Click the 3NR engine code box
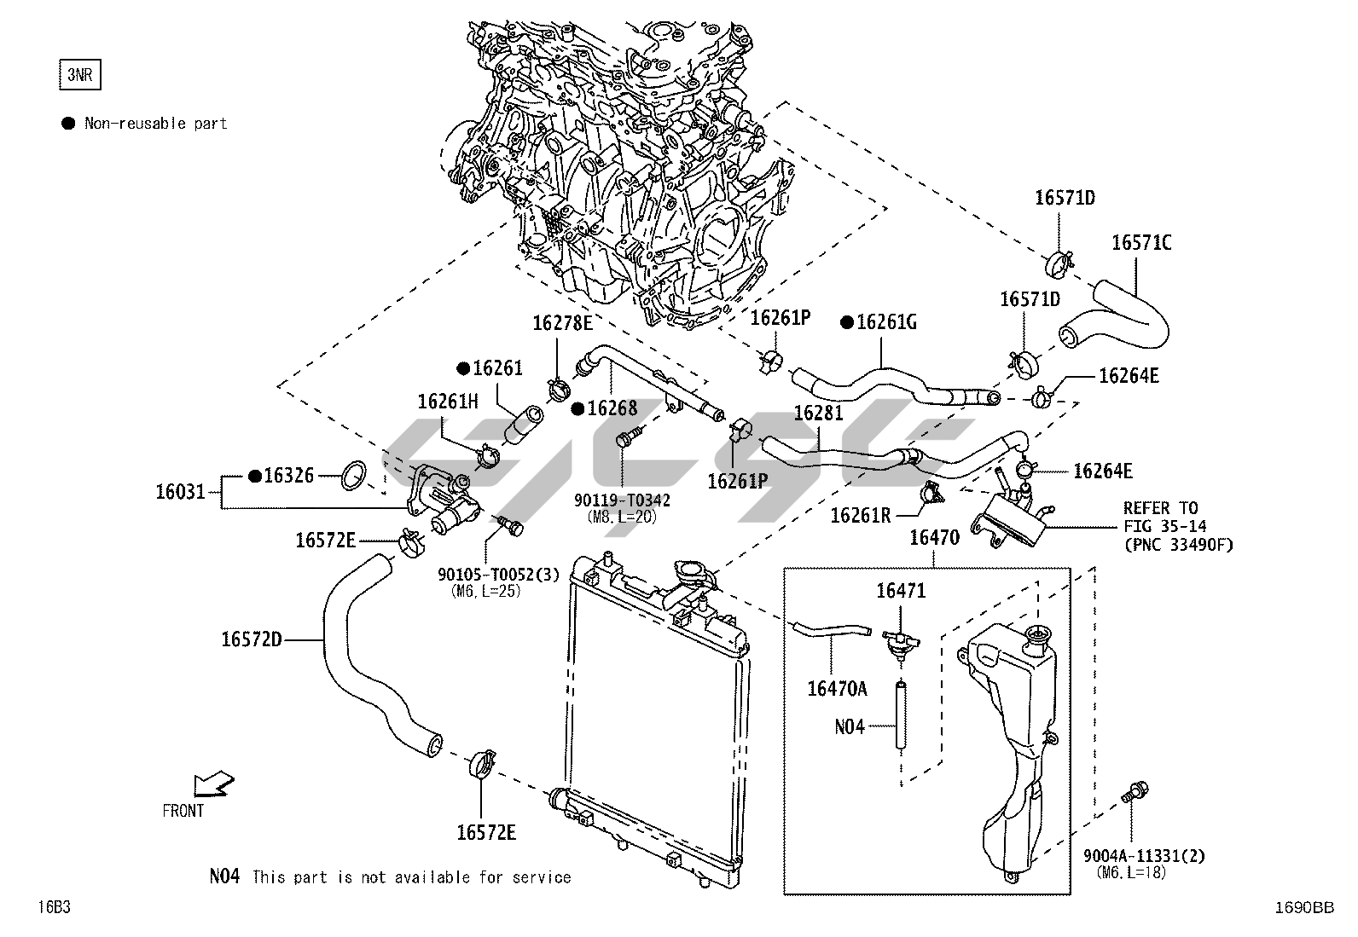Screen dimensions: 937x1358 tap(78, 75)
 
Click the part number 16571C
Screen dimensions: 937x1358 tap(1140, 243)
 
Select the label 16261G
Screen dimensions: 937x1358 tap(886, 322)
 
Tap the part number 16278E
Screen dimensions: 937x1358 tap(562, 323)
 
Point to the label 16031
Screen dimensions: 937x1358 tap(180, 492)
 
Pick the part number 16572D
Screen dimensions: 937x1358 tap(252, 639)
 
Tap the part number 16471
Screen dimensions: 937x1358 tap(901, 591)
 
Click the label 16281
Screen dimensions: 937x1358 tap(818, 414)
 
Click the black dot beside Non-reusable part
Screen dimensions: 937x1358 tap(69, 124)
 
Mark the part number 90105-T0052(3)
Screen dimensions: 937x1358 tap(499, 575)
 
